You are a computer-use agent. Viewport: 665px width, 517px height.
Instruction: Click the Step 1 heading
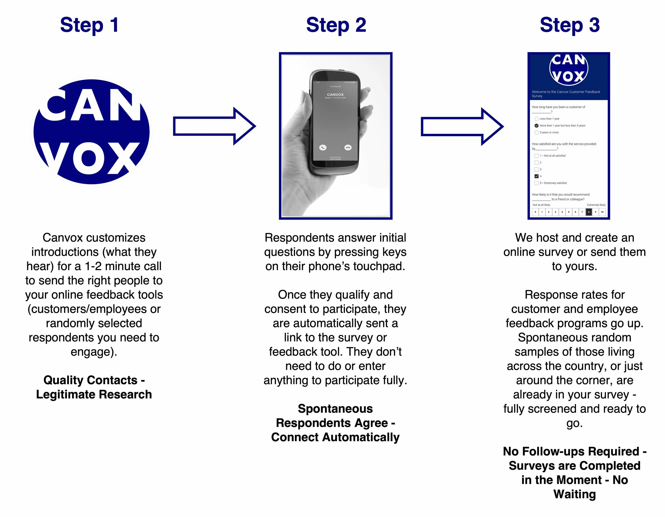[89, 26]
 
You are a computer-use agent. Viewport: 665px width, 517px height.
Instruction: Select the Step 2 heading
[336, 26]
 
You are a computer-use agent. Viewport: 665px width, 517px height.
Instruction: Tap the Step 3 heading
[570, 26]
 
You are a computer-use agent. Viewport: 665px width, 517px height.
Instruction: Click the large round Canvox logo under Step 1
[91, 132]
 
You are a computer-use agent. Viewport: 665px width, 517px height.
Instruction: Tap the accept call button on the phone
[323, 147]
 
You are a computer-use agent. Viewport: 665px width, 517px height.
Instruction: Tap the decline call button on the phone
[348, 147]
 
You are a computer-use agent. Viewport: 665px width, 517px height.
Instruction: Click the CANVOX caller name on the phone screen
[335, 95]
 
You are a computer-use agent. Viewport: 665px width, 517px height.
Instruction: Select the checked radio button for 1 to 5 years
[537, 126]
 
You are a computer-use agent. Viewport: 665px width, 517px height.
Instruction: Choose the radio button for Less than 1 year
[537, 119]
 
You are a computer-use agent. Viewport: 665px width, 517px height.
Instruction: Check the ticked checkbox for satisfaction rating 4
[537, 176]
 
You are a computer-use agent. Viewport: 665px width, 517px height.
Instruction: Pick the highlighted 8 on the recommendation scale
[589, 212]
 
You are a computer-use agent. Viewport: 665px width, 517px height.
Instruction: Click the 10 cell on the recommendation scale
[602, 212]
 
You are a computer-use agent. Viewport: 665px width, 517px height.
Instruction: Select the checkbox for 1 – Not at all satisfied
[537, 156]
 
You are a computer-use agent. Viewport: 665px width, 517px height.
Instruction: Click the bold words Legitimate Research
[94, 394]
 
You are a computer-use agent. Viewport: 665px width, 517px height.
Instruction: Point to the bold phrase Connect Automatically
[335, 437]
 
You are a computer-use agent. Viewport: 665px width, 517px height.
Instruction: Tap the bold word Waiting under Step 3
[575, 494]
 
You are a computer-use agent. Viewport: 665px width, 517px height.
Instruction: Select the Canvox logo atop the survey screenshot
[568, 69]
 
